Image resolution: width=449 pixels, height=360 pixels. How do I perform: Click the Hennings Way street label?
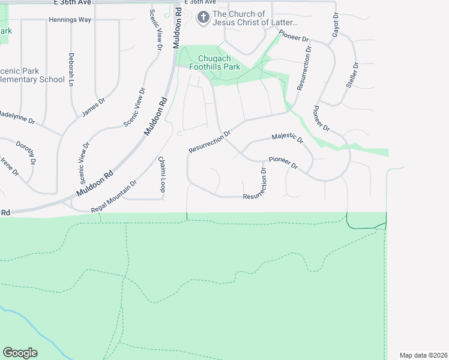(69, 20)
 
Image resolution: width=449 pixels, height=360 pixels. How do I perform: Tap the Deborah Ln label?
(71, 68)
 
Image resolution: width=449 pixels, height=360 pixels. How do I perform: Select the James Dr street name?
(94, 107)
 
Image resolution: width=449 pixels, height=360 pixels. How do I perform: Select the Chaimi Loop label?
(161, 175)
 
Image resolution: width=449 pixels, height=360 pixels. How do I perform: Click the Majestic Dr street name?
(288, 138)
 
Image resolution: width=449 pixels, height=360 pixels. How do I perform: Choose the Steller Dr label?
(352, 75)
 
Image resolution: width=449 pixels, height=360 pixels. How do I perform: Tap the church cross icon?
(203, 18)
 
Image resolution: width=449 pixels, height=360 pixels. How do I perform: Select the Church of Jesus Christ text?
(255, 19)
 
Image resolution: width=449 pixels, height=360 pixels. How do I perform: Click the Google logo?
(20, 353)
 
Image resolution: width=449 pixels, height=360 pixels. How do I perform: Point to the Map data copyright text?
(423, 355)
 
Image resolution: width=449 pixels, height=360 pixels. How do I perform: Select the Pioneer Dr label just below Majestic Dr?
(283, 162)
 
